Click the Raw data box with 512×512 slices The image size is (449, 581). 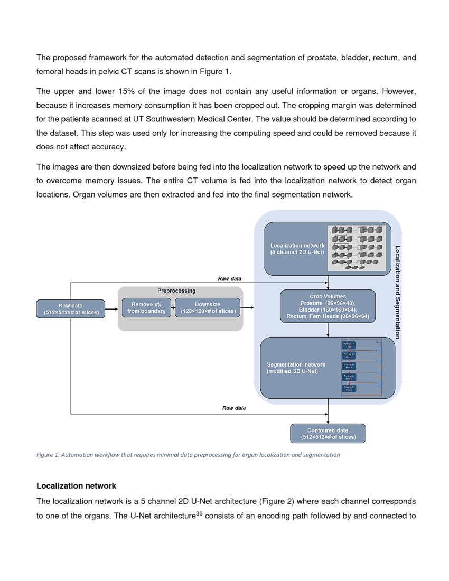tap(71, 308)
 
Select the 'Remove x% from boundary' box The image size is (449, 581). tap(146, 308)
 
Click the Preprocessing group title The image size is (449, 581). tap(176, 290)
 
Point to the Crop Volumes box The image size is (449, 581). tap(328, 306)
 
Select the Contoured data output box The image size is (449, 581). tap(328, 433)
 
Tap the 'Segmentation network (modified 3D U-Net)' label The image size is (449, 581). tap(296, 368)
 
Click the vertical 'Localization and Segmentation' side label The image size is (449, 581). tap(397, 292)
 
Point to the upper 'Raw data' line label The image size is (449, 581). tap(230, 278)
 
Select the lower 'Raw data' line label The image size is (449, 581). tap(235, 408)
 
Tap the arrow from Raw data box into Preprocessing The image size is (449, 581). tap(111, 308)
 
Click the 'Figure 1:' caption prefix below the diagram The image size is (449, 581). tap(48, 454)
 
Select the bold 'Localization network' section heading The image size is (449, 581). tap(76, 485)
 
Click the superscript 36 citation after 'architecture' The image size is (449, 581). tap(199, 514)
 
